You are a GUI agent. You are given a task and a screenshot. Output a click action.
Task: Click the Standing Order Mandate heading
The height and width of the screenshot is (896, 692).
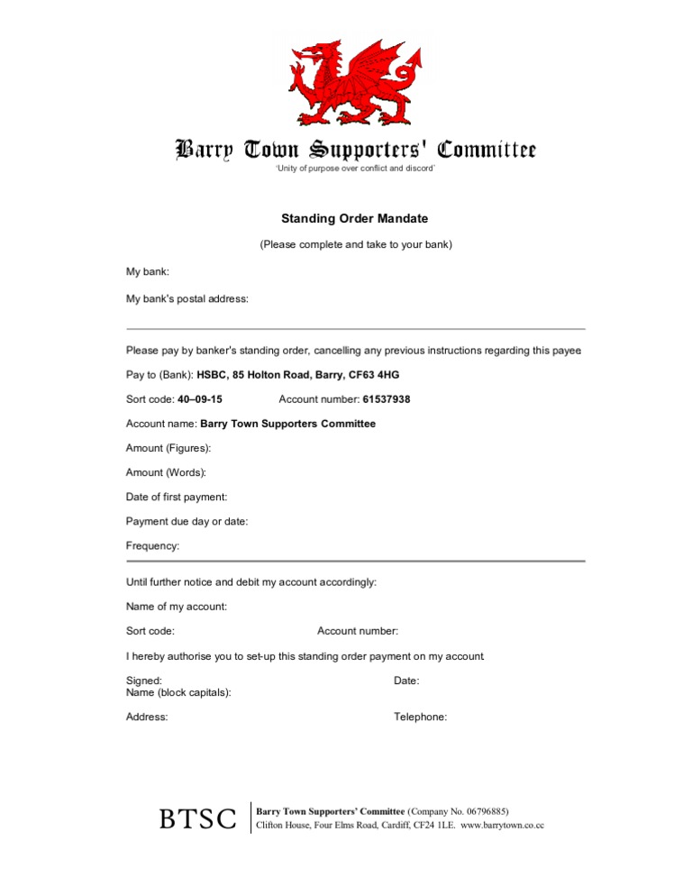click(355, 219)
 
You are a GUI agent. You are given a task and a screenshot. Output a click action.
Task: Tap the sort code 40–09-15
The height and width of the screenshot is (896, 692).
click(200, 399)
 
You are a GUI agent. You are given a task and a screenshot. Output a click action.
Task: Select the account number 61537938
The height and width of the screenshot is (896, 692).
click(387, 399)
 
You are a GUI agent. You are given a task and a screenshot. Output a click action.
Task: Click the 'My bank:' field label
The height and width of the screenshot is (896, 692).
click(148, 271)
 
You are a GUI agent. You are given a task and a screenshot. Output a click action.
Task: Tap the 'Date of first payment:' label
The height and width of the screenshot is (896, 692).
click(177, 497)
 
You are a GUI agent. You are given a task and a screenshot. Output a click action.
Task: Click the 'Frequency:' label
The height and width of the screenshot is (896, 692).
click(153, 545)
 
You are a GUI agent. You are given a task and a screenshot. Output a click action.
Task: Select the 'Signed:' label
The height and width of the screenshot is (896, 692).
click(144, 681)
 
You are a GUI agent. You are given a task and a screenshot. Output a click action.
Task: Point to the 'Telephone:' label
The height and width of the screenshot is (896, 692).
click(420, 718)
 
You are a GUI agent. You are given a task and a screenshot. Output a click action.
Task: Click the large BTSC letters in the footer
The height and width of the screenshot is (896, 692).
click(198, 818)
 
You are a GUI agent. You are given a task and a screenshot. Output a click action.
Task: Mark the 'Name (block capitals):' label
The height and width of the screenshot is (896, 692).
click(178, 693)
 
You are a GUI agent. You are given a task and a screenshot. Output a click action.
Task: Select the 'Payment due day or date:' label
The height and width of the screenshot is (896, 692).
click(187, 521)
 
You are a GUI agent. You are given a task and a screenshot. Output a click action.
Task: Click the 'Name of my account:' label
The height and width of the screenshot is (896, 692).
click(177, 607)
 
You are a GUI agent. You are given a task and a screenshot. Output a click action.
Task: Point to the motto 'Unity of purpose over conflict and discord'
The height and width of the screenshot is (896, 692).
click(355, 169)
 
